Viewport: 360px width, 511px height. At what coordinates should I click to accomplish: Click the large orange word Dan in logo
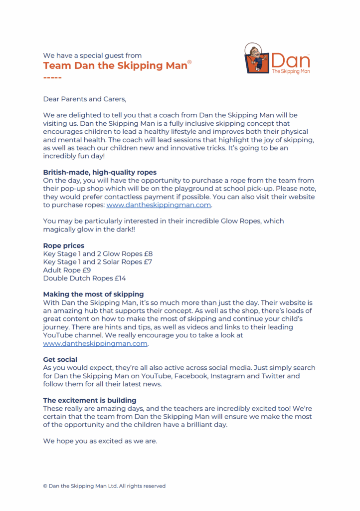point(291,61)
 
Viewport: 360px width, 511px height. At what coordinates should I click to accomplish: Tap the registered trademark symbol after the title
point(189,62)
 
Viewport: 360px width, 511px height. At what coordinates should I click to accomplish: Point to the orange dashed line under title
point(52,78)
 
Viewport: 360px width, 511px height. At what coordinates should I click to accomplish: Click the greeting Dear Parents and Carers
point(81,99)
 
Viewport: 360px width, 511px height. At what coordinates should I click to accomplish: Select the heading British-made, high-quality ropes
point(100,173)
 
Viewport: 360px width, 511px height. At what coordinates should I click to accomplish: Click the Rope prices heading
point(64,246)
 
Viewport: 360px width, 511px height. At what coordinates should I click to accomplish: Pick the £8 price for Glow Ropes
point(148,254)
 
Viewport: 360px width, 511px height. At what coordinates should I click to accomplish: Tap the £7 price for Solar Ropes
point(148,262)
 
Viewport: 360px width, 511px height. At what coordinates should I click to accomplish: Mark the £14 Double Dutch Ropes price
point(121,278)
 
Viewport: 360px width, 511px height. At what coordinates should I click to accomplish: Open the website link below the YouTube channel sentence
point(95,343)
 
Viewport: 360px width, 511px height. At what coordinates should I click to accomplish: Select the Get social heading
point(60,359)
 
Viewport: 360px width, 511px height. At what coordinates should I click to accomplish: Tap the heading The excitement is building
point(90,400)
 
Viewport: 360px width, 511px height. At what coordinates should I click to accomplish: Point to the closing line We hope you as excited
point(100,441)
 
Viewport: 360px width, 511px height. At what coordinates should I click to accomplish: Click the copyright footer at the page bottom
point(104,486)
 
